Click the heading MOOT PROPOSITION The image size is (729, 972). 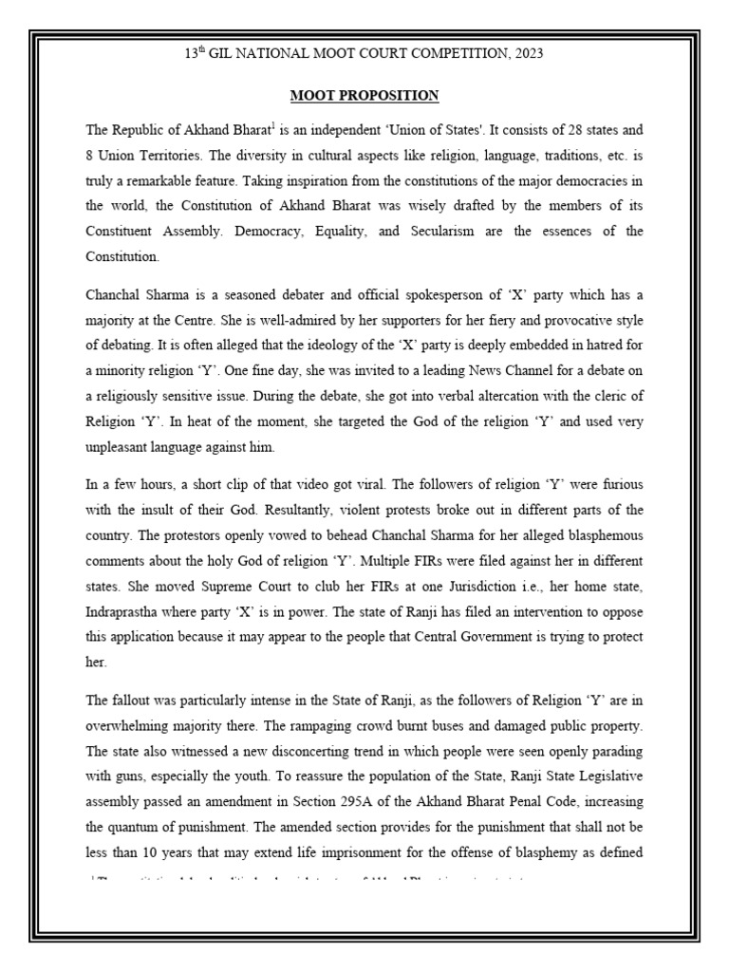364,95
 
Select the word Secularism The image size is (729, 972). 440,231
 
